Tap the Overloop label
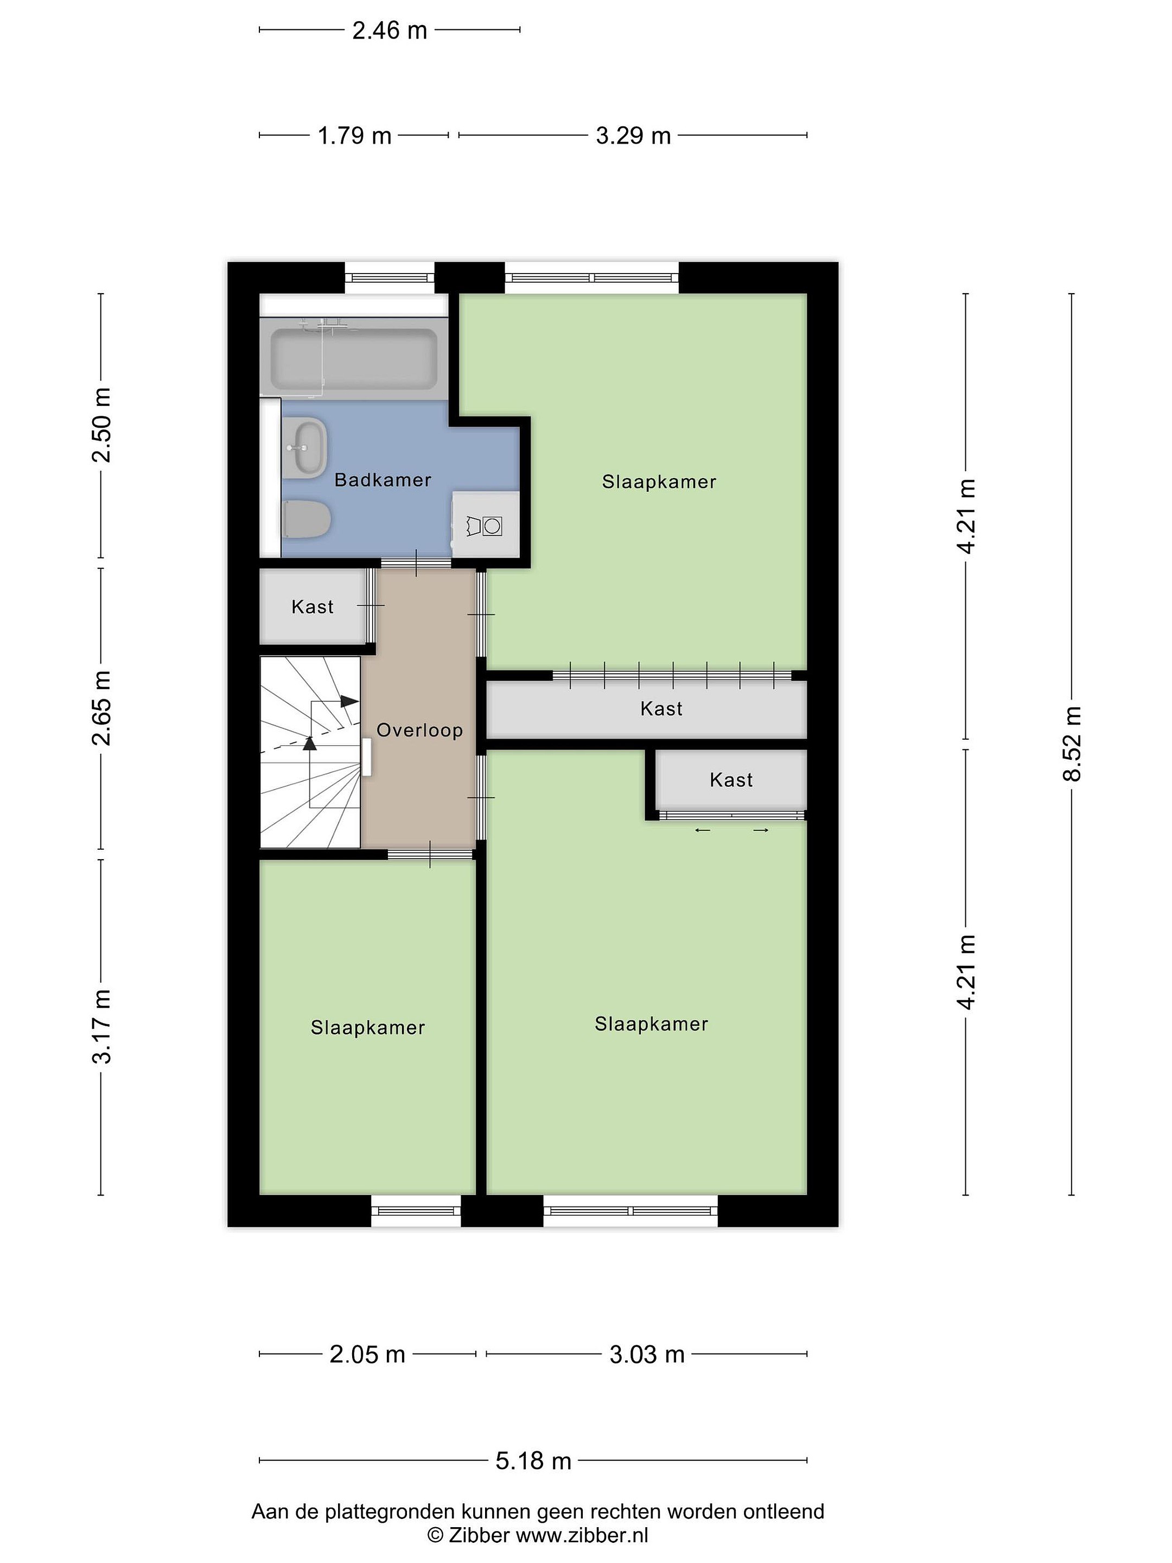(419, 730)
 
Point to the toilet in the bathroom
(306, 519)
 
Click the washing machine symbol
(485, 525)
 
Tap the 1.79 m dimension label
(354, 135)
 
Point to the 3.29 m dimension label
(633, 135)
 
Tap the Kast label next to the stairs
(312, 606)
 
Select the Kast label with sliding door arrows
(731, 779)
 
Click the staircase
(311, 752)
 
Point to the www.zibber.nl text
(582, 1535)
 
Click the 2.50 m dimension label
(101, 424)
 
